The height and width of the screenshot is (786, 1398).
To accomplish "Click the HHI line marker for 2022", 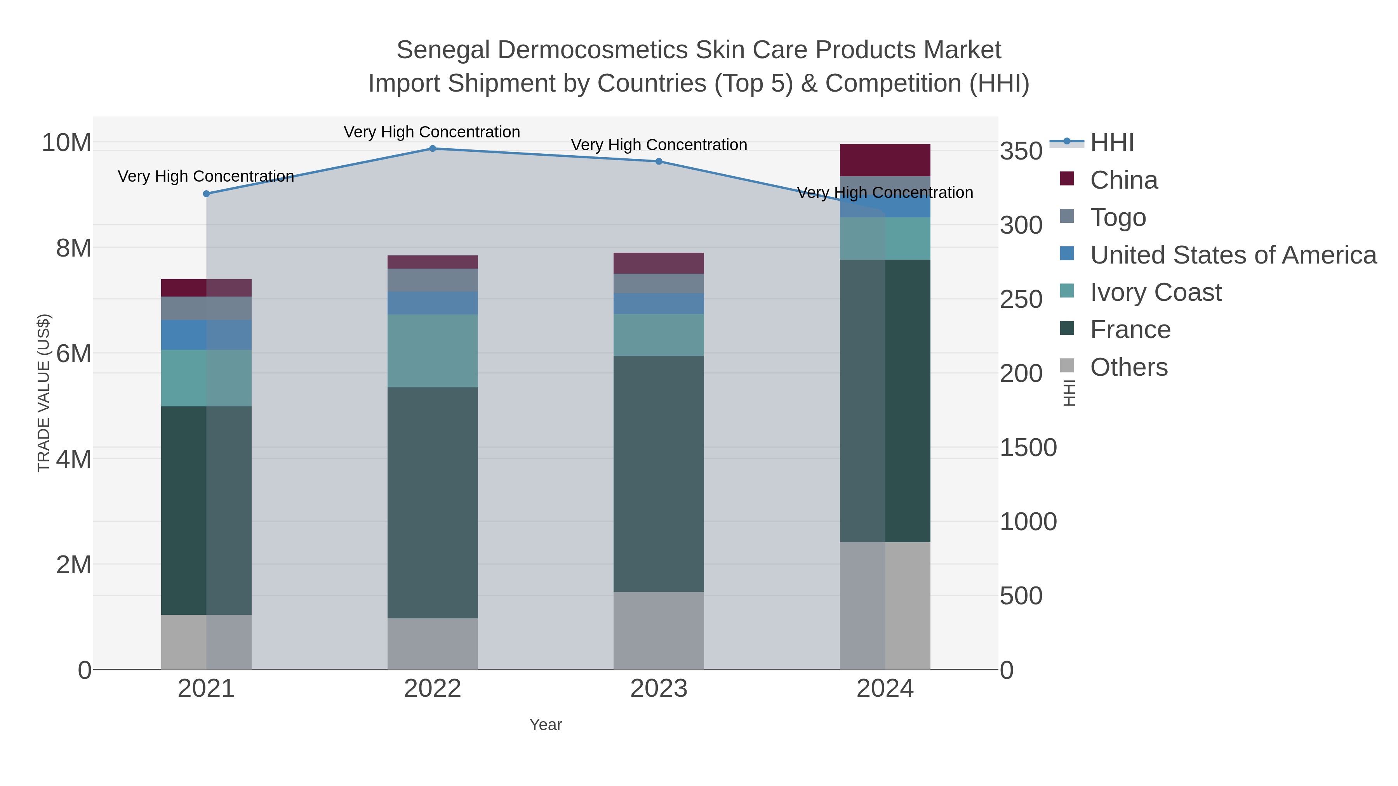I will (433, 149).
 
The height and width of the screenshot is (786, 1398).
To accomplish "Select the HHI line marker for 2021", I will (206, 194).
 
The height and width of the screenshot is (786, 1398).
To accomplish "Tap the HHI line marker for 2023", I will (659, 161).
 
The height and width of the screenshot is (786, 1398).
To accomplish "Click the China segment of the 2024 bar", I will (885, 160).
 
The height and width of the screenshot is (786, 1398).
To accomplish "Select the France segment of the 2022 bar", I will (433, 502).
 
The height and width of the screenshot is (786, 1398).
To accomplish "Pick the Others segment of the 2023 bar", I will (659, 630).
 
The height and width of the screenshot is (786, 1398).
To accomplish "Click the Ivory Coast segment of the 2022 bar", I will (433, 350).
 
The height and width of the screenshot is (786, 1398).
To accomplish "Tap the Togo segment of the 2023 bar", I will (659, 283).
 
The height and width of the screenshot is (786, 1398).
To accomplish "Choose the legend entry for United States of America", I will (1233, 255).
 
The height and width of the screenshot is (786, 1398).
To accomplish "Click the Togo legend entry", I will (1118, 217).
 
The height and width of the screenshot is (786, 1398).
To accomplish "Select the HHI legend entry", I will (1111, 143).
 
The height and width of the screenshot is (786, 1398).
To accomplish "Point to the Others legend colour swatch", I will (1067, 366).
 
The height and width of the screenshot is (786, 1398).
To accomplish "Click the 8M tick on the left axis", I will (73, 248).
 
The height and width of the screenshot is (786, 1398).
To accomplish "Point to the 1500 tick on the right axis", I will (1028, 448).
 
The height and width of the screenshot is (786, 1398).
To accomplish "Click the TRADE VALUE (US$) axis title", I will (43, 393).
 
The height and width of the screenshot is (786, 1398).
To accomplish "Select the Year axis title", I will (546, 725).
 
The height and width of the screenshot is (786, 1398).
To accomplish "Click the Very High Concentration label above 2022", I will (432, 132).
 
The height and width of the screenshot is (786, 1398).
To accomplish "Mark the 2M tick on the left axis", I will (73, 565).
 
